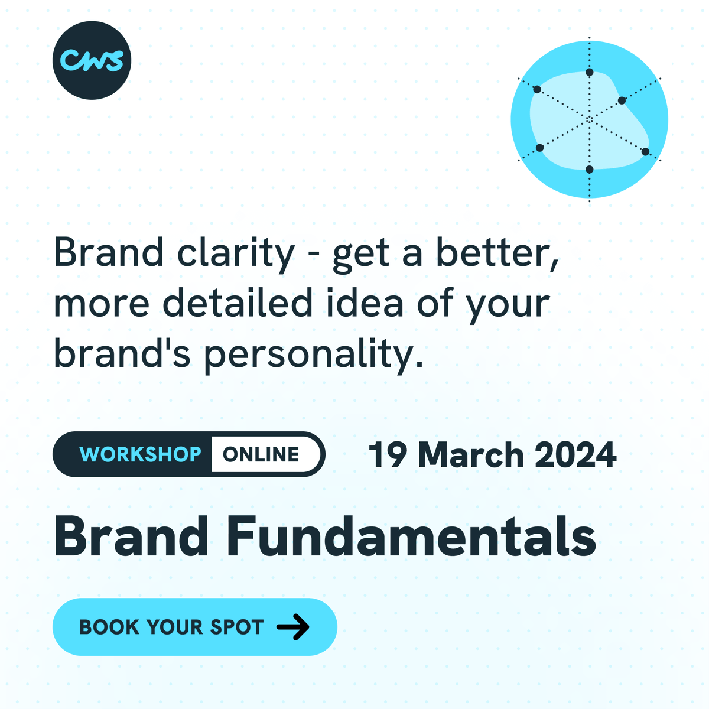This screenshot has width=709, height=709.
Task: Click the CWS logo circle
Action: coord(92,60)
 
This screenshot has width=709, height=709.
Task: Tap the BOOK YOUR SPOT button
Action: coord(194,627)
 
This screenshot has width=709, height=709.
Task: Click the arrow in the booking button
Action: coord(293,627)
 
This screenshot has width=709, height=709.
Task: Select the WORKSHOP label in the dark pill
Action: coord(140,454)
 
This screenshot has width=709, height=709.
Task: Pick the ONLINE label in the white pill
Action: coord(261,454)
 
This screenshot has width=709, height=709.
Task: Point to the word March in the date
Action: coord(471,456)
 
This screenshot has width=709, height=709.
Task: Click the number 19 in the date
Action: coord(388,456)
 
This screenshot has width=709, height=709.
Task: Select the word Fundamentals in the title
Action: coord(411,536)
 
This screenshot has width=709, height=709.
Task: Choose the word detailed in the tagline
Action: coord(237,304)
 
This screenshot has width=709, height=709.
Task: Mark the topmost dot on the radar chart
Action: coord(589,73)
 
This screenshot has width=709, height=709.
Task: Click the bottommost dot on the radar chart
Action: coord(589,170)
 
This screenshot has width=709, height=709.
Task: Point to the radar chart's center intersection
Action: coord(589,119)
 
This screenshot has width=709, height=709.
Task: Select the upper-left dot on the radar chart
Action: coord(537,90)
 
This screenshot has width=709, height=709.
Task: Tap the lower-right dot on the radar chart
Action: coord(645,152)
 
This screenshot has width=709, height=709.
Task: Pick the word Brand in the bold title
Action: coord(131,536)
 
